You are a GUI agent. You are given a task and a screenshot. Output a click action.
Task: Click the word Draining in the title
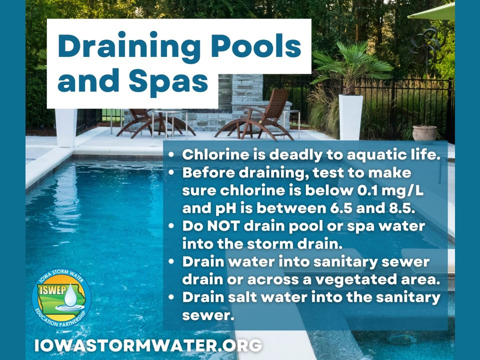[x=129, y=46]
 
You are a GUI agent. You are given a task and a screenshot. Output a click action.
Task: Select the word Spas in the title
[x=168, y=81]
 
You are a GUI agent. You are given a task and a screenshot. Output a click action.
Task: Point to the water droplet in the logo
[x=71, y=295]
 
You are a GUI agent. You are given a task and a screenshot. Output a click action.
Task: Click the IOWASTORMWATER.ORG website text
[x=148, y=345]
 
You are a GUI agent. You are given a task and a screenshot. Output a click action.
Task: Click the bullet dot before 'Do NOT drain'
[x=171, y=226]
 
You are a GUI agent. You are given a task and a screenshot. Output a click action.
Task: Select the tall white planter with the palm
[x=350, y=117]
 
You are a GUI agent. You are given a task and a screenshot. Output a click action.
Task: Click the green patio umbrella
[x=432, y=12]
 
